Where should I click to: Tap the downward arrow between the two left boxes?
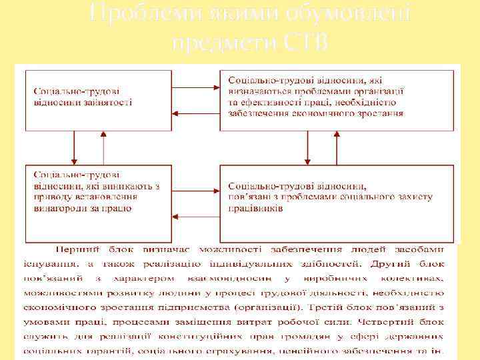click(x=75, y=147)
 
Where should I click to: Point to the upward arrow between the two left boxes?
click(x=102, y=147)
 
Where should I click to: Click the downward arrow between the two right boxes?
click(x=306, y=147)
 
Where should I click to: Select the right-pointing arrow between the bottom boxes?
click(x=197, y=189)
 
